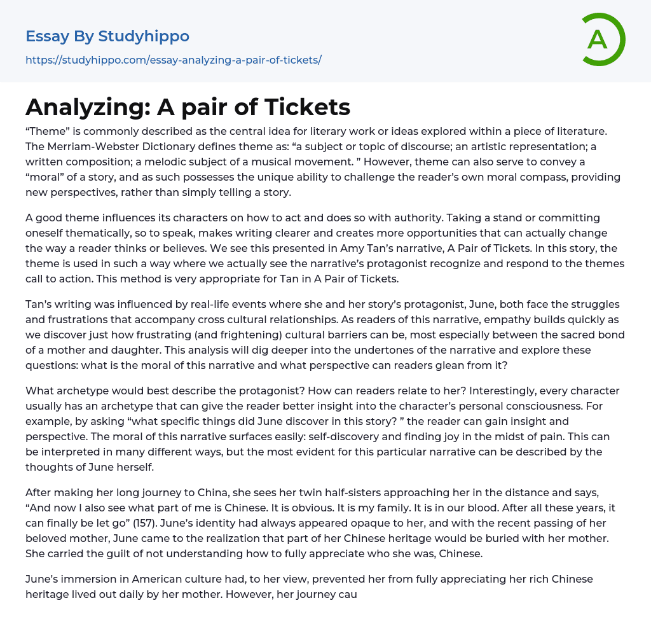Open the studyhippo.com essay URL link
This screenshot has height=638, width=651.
point(174,60)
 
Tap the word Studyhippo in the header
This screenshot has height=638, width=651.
point(144,36)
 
